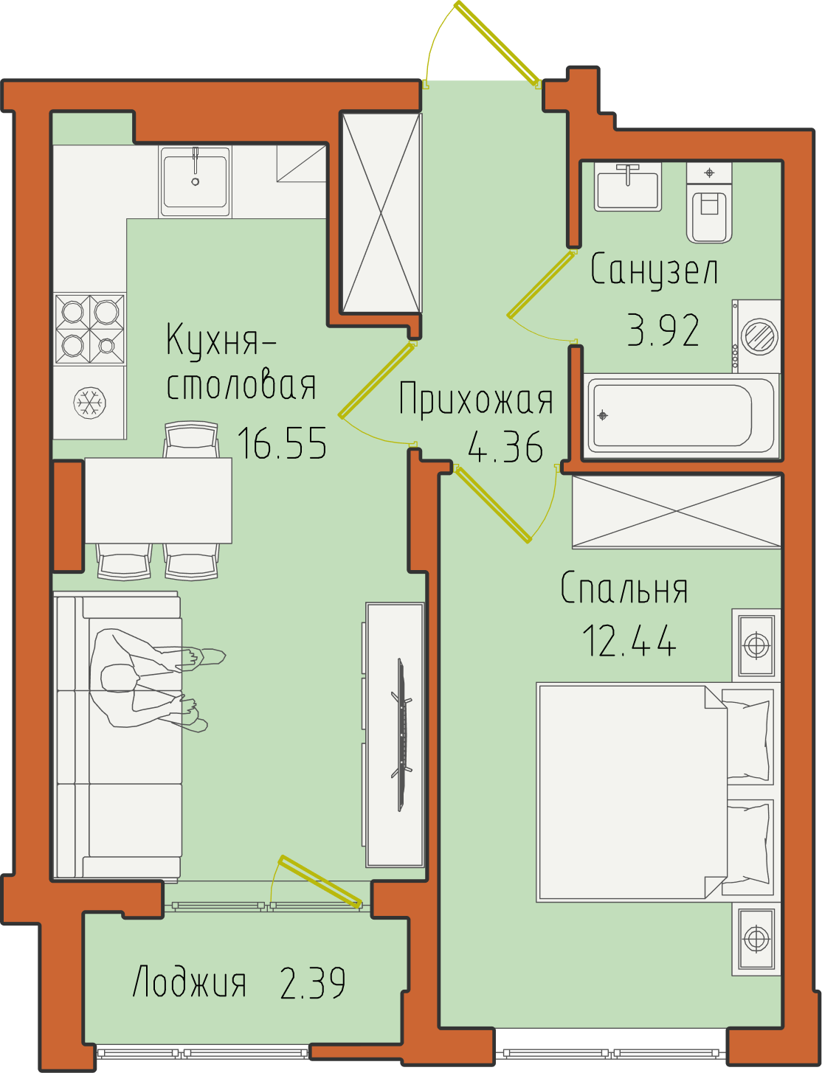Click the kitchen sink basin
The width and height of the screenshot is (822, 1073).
point(195,181)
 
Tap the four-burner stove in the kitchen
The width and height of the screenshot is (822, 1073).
point(89,329)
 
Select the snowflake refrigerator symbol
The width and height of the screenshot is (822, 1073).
point(89,403)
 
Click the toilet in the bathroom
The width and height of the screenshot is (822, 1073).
point(709,203)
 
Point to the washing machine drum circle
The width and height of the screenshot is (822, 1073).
point(759,337)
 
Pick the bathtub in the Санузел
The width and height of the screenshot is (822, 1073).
point(681,416)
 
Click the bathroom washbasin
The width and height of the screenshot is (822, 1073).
point(627,187)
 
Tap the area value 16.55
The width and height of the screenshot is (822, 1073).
point(282,443)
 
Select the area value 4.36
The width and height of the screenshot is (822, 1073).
point(505,447)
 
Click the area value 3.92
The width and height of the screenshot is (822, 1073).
point(663,330)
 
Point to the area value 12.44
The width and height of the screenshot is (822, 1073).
point(629,640)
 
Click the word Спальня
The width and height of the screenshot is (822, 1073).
point(624,588)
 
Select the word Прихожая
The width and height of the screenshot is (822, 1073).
point(476,399)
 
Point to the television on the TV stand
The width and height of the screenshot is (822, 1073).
point(402,735)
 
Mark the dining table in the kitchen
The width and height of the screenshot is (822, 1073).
point(158,501)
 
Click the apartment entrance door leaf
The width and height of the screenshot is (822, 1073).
point(497,43)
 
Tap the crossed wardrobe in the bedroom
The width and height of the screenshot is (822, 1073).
point(677,512)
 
